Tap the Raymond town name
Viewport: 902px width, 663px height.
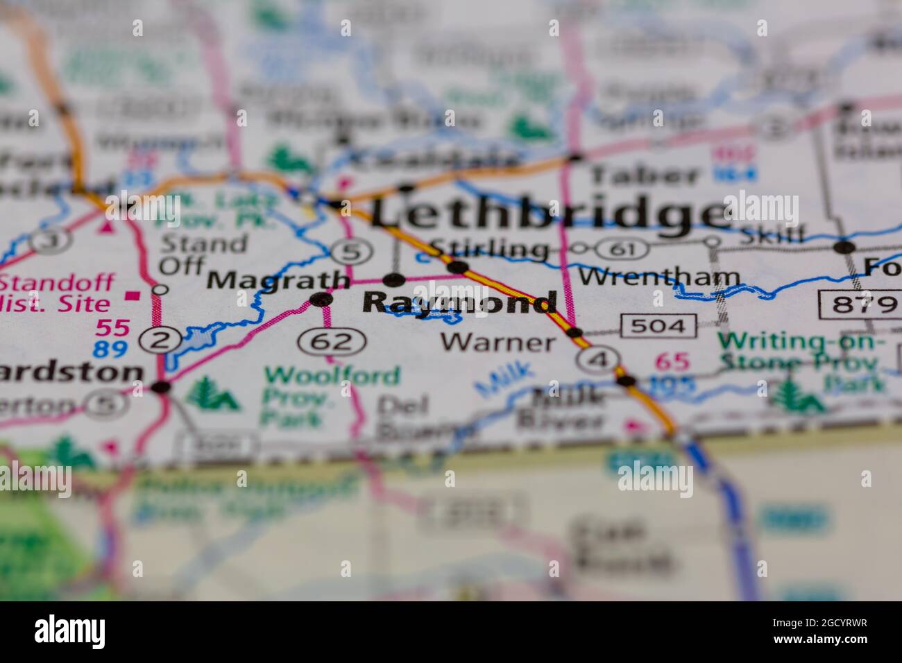tap(459, 303)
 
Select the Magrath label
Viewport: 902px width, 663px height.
tap(278, 280)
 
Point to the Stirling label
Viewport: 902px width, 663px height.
tap(489, 248)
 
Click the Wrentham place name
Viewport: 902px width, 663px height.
tap(659, 277)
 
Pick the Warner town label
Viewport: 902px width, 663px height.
tap(498, 342)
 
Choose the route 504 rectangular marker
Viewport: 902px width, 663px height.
tap(658, 325)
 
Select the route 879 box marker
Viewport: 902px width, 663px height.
tap(858, 304)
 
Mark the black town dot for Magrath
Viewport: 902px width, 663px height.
tap(321, 300)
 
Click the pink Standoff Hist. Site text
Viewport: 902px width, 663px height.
tap(59, 293)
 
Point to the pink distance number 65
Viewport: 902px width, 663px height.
tap(671, 361)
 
